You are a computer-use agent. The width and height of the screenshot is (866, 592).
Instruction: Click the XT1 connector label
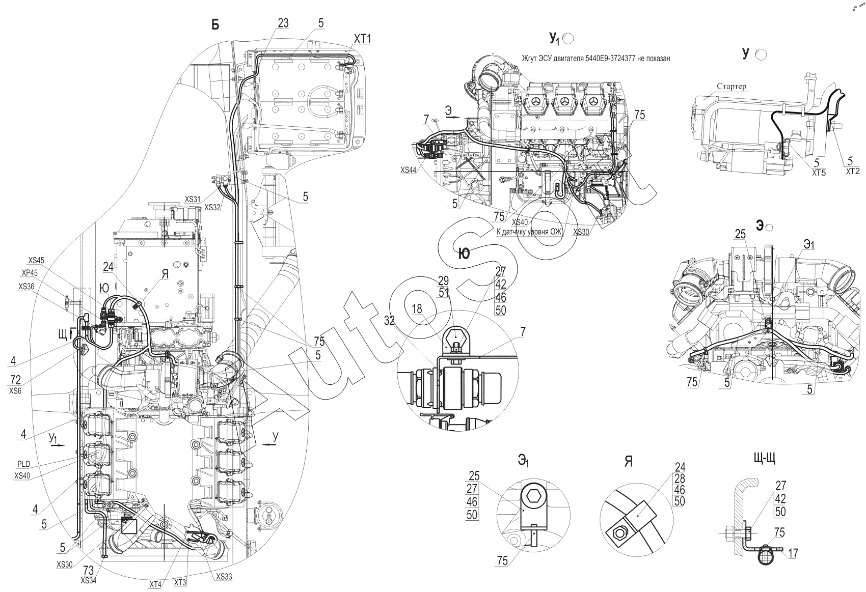(362, 39)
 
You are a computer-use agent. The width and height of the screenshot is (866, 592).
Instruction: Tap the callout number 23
(283, 23)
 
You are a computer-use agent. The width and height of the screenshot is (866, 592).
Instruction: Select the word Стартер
(732, 86)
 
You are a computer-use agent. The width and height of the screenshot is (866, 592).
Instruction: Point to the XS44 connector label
(408, 170)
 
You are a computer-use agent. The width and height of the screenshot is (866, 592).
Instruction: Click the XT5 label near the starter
(819, 173)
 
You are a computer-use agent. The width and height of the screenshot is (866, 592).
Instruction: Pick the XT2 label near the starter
(852, 171)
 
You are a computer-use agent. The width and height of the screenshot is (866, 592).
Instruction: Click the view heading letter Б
(215, 25)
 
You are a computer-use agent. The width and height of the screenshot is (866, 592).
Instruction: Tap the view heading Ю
(464, 253)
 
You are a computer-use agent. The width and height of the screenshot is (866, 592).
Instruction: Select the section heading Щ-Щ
(764, 458)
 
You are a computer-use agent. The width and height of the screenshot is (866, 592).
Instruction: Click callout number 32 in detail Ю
(389, 321)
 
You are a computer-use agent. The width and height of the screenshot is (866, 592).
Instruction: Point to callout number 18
(417, 309)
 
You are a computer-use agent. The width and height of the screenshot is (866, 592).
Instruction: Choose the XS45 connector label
(36, 260)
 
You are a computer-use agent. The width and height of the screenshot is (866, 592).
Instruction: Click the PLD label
(23, 464)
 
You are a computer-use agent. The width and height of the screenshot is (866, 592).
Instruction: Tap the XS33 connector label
(224, 577)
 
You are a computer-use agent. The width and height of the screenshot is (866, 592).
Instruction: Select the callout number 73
(89, 570)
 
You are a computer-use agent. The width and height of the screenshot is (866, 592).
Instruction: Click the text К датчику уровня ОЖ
(529, 232)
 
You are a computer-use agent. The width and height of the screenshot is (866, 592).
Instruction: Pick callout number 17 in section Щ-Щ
(793, 554)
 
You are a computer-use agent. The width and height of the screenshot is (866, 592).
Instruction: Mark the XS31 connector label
(193, 200)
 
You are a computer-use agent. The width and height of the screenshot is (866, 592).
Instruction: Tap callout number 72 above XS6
(15, 380)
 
